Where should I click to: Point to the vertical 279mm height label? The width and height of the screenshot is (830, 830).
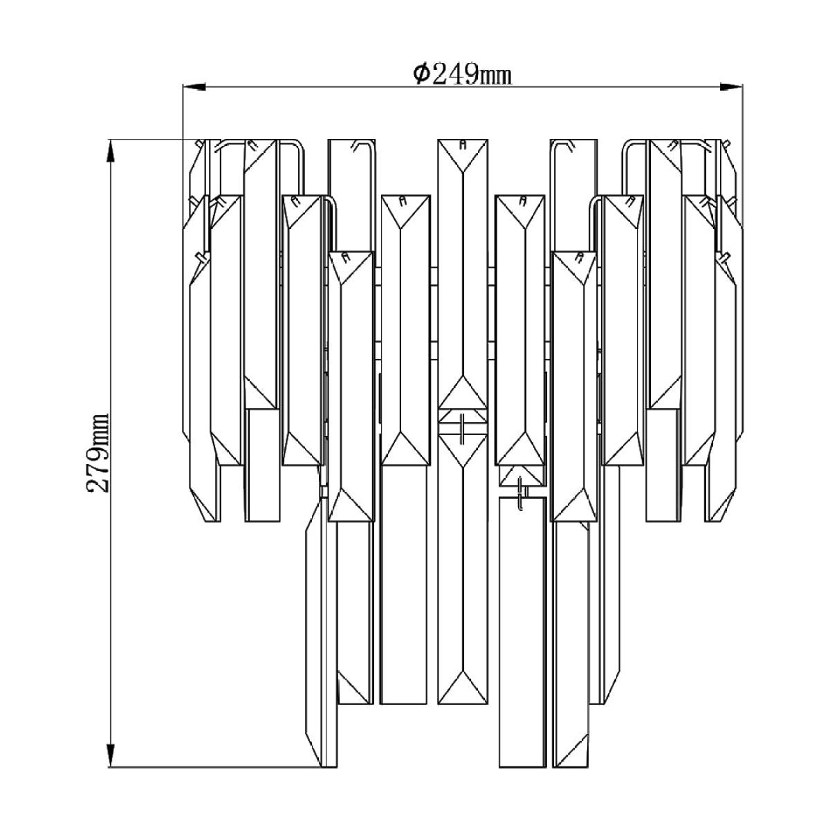[x=98, y=452]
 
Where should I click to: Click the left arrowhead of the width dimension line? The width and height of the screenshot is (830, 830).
[x=194, y=86]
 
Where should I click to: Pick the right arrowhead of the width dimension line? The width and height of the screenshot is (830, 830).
[x=731, y=86]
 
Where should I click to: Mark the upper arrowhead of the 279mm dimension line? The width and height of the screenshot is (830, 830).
[x=111, y=150]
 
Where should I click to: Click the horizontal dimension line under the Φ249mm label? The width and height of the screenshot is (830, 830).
[x=463, y=86]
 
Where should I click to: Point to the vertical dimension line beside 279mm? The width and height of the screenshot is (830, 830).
[x=111, y=453]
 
